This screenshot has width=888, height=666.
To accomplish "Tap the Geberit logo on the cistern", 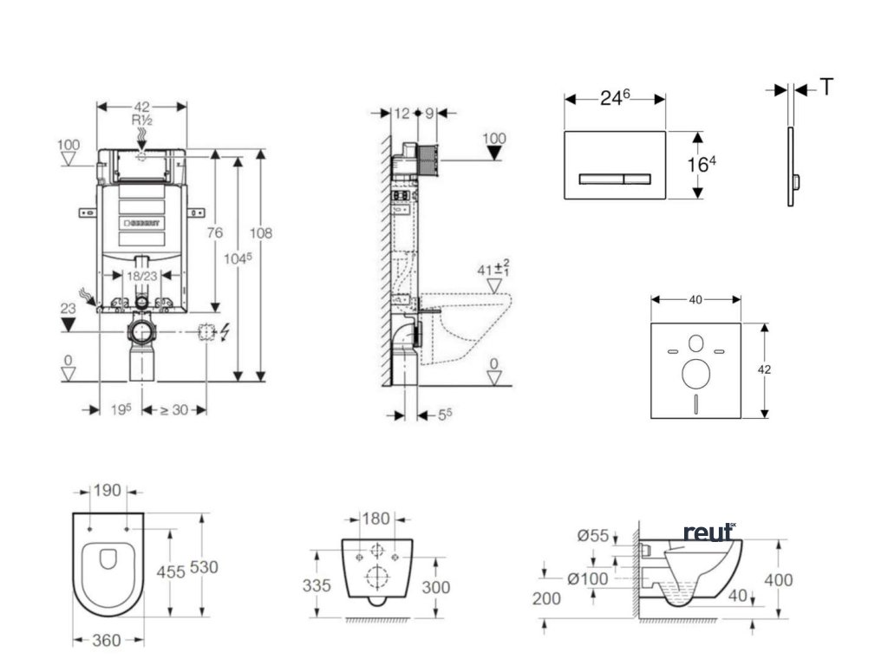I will (142, 223).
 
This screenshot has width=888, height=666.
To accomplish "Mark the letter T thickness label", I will (829, 87).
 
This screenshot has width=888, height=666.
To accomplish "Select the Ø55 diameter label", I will (593, 535).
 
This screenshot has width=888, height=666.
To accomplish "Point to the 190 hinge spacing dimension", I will (108, 490).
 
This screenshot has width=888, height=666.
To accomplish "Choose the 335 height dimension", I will (317, 586).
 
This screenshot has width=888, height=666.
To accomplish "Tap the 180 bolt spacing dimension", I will (375, 519).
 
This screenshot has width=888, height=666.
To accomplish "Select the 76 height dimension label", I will (215, 232).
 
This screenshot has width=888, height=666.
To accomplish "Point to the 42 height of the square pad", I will (765, 369).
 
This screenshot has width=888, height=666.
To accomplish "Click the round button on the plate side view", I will (796, 180).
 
